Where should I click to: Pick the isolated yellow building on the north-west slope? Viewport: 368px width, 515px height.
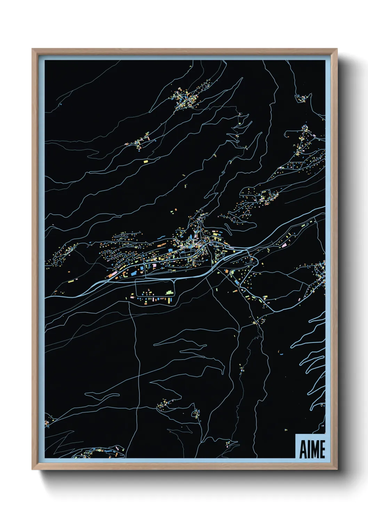(146, 161)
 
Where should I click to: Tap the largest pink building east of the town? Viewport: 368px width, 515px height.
(284, 246)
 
